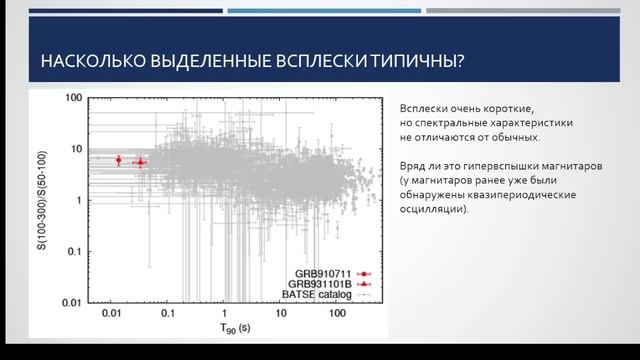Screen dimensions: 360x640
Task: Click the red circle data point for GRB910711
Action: click(118, 160)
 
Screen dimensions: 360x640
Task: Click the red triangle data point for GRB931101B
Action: click(140, 162)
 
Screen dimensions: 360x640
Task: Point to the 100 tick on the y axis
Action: click(71, 98)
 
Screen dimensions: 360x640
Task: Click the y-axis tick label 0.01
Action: click(68, 301)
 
